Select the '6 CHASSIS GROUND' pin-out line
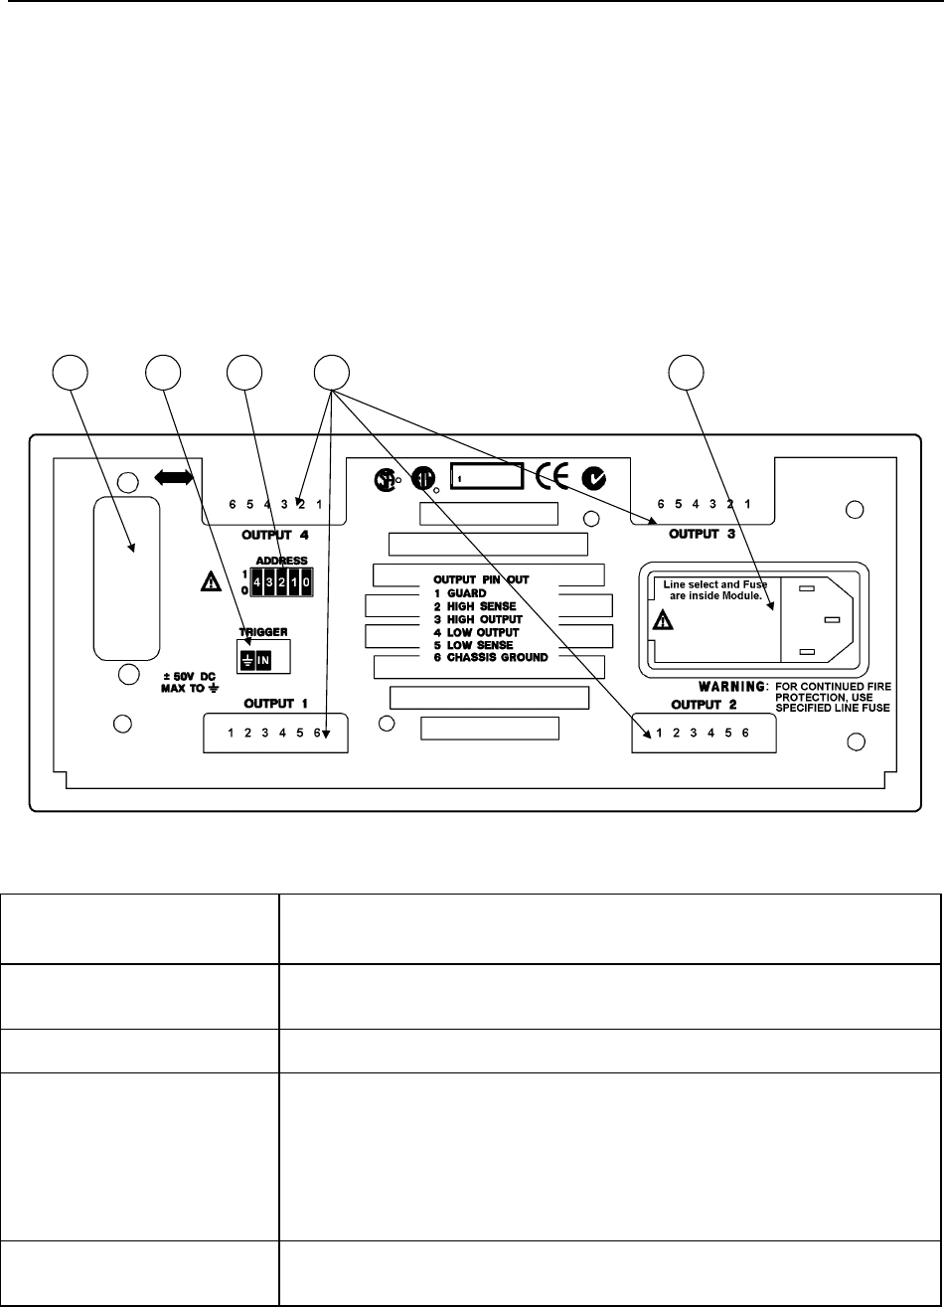(491, 658)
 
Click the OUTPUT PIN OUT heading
(487, 578)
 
